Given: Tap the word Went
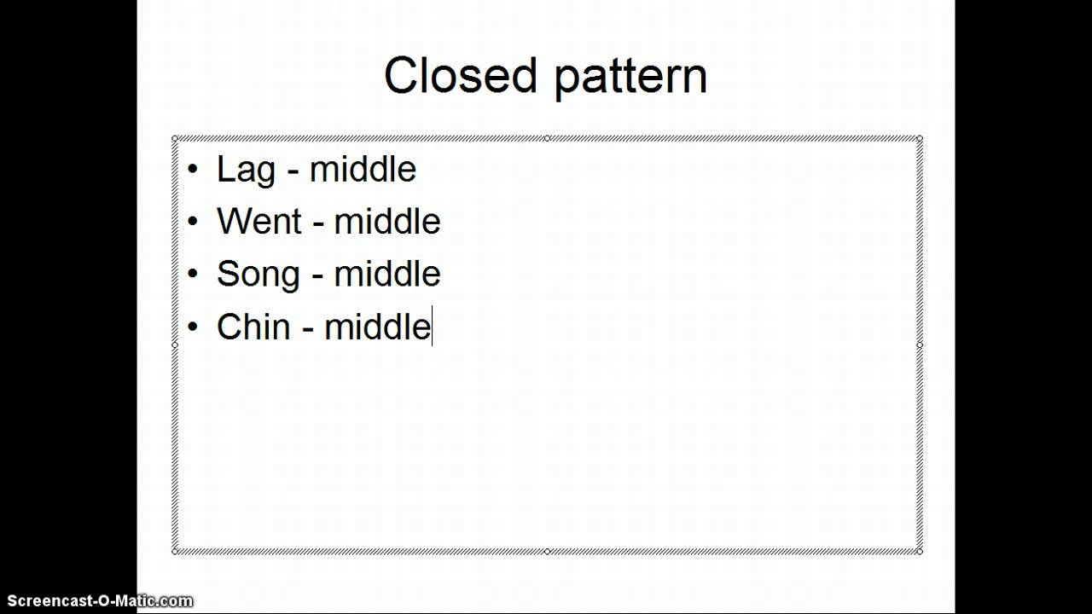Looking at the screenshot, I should point(259,222).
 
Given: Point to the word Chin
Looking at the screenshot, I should point(253,327).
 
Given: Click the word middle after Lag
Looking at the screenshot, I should point(363,169).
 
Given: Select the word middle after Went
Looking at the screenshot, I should point(387,222).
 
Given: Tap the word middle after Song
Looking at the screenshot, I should point(387,274).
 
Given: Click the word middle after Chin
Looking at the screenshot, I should point(377,327).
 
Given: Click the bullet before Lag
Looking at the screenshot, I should point(193,169).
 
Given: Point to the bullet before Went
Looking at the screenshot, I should point(193,222).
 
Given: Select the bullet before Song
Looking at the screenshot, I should point(193,274).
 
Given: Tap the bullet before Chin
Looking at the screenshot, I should point(193,327).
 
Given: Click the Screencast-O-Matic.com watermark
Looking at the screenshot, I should point(97,601).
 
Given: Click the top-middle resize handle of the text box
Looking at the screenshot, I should point(547,138).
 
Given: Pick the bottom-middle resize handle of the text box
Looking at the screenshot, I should point(547,552).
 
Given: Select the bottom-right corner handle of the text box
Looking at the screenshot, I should point(920,552).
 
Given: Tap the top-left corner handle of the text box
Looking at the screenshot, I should point(175,138).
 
